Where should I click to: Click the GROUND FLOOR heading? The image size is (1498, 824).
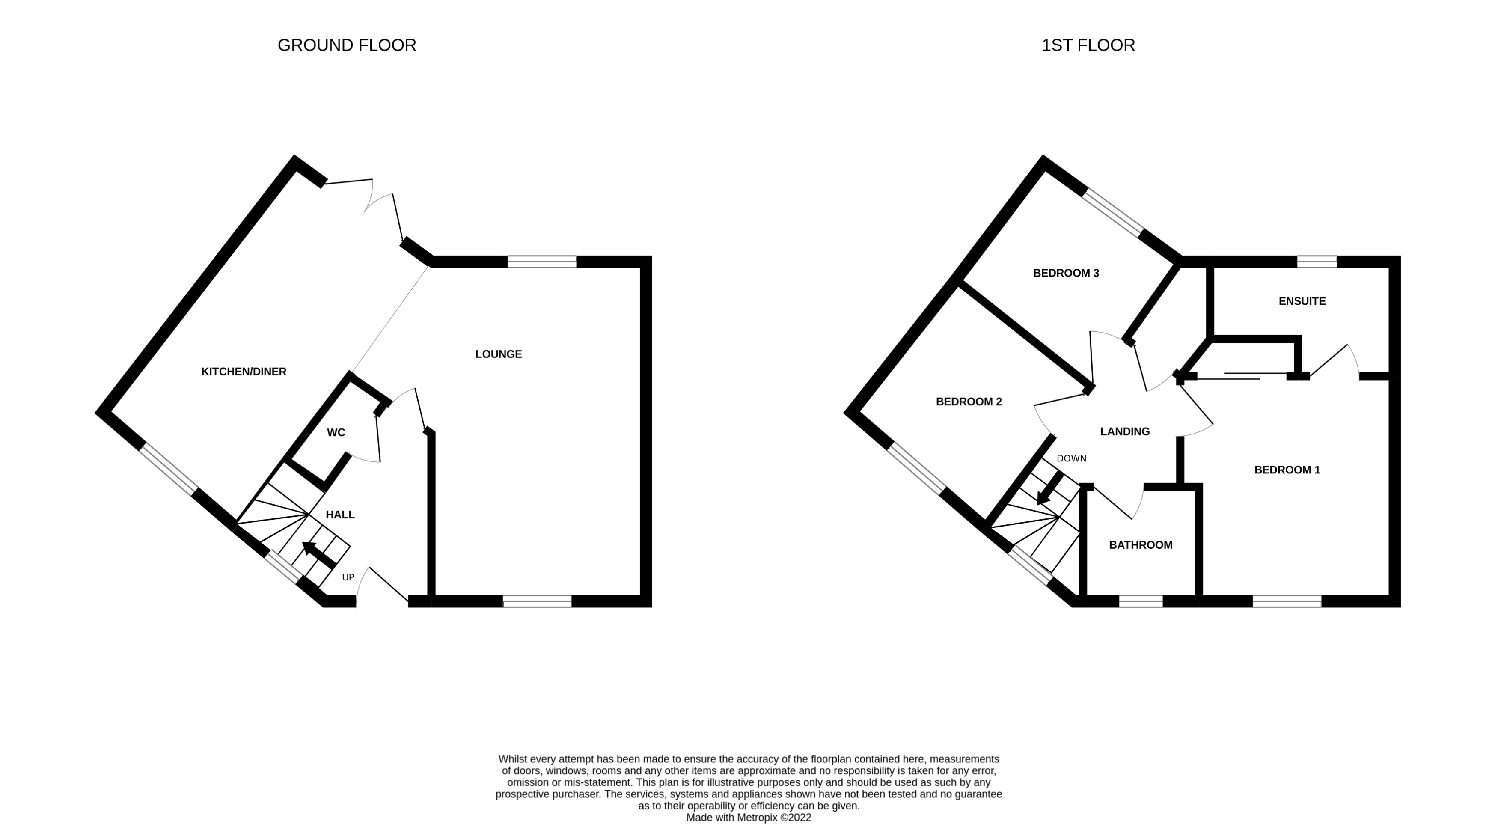(347, 45)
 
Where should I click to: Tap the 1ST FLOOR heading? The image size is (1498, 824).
(1088, 45)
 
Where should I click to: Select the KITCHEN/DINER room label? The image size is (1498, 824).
(244, 372)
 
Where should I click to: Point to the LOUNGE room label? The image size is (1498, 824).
(498, 354)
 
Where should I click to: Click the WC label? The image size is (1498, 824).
(336, 433)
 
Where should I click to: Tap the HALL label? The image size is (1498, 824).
(340, 515)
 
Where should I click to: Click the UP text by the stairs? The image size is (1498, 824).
(348, 577)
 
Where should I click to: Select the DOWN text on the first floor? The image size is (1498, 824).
(1071, 458)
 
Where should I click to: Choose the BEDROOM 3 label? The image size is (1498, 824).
(1066, 273)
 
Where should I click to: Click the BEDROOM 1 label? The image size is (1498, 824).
(1287, 470)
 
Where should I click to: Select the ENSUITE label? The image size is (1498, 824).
(1302, 301)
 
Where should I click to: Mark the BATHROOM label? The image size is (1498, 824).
(1140, 545)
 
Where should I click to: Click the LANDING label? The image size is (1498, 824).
(1125, 431)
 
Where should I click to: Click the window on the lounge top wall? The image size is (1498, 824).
(541, 262)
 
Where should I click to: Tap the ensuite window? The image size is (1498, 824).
(1317, 262)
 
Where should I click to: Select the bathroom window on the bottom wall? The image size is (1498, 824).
(1140, 601)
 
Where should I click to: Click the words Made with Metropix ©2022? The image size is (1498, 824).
(749, 818)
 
